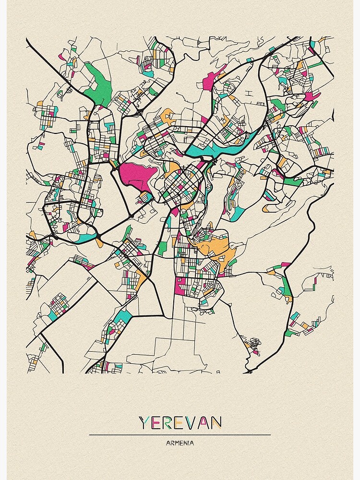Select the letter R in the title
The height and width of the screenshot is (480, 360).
coord(168,423)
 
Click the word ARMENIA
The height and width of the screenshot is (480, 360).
coord(180,443)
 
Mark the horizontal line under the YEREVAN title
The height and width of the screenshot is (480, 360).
coord(180,435)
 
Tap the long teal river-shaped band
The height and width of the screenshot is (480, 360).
coord(226,147)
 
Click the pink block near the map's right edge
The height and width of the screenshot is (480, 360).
coord(312,96)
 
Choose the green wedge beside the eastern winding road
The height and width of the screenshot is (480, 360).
coord(287,286)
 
